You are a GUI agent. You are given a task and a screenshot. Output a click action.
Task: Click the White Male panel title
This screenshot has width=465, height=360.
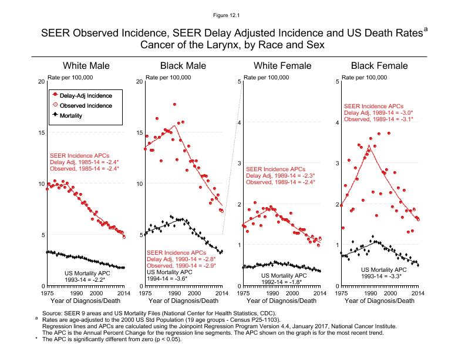[86, 65]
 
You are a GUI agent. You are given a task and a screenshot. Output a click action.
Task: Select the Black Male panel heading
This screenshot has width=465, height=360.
[183, 65]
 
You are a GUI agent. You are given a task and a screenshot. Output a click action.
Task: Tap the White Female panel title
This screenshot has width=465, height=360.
[281, 65]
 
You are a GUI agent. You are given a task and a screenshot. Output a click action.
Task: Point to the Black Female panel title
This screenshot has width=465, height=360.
[379, 65]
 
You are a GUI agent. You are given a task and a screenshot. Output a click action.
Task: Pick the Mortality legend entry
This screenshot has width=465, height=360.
[70, 115]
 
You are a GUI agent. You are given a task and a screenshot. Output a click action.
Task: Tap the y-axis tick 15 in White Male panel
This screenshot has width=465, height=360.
[40, 133]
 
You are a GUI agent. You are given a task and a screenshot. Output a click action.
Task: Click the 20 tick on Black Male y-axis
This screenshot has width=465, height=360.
[139, 81]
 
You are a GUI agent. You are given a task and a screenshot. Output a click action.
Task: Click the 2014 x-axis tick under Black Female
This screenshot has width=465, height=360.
[417, 292]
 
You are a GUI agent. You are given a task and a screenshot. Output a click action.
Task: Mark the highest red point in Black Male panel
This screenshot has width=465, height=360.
[174, 104]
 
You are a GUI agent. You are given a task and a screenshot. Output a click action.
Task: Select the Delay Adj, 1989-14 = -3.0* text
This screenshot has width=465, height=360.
[379, 112]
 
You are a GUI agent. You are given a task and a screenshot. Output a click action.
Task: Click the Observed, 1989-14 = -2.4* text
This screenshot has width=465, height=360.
[281, 182]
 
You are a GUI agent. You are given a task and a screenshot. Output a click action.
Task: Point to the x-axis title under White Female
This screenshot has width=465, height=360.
[281, 301]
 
